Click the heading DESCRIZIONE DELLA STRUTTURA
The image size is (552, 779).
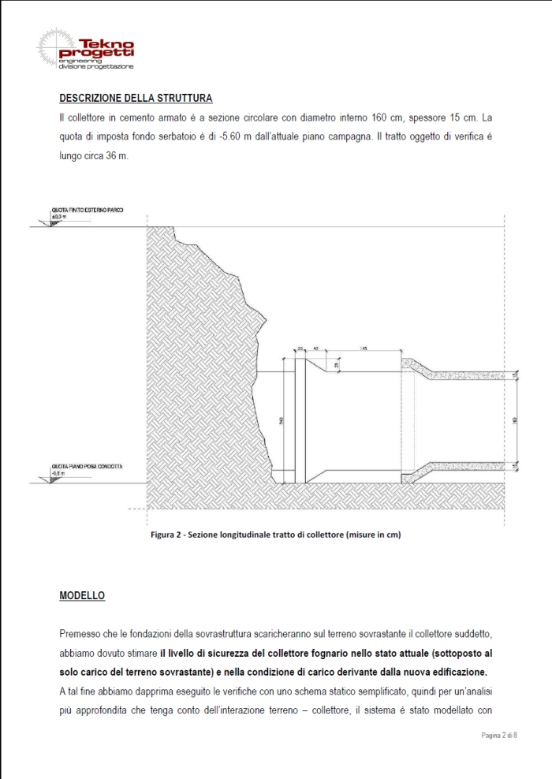[136, 99]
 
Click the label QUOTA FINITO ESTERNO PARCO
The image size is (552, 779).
[88, 210]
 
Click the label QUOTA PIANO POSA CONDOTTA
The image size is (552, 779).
[87, 467]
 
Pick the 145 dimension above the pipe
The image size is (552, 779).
[364, 348]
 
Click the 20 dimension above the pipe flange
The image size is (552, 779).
[300, 348]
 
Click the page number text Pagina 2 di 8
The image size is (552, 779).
[498, 735]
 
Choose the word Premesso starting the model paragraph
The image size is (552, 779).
[80, 634]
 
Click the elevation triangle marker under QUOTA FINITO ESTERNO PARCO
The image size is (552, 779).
[54, 224]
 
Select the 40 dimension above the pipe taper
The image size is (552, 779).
[315, 348]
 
